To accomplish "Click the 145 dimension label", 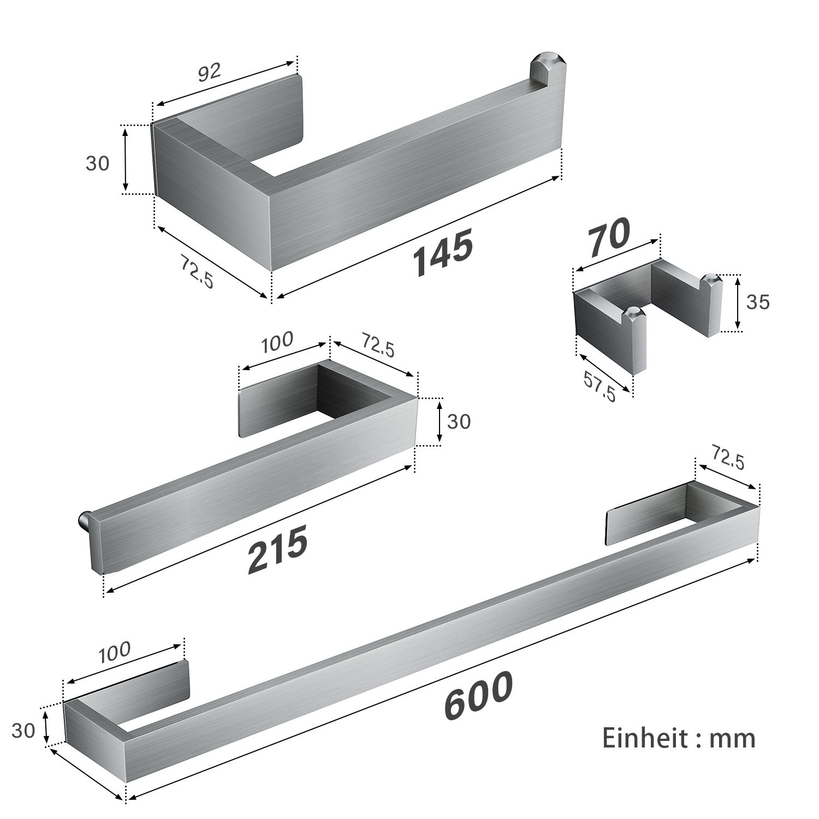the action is (x=442, y=252).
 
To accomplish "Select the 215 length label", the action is (x=277, y=549).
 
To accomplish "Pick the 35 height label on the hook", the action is (x=757, y=302).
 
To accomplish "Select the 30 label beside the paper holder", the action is (x=98, y=163).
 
